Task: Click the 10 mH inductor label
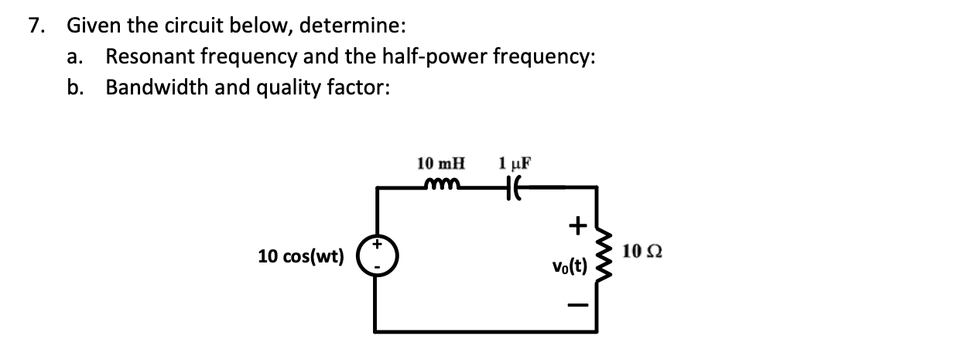[x=442, y=164]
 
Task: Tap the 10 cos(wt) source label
[x=301, y=256]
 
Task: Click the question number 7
[x=35, y=26]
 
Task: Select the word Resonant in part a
[x=146, y=57]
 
